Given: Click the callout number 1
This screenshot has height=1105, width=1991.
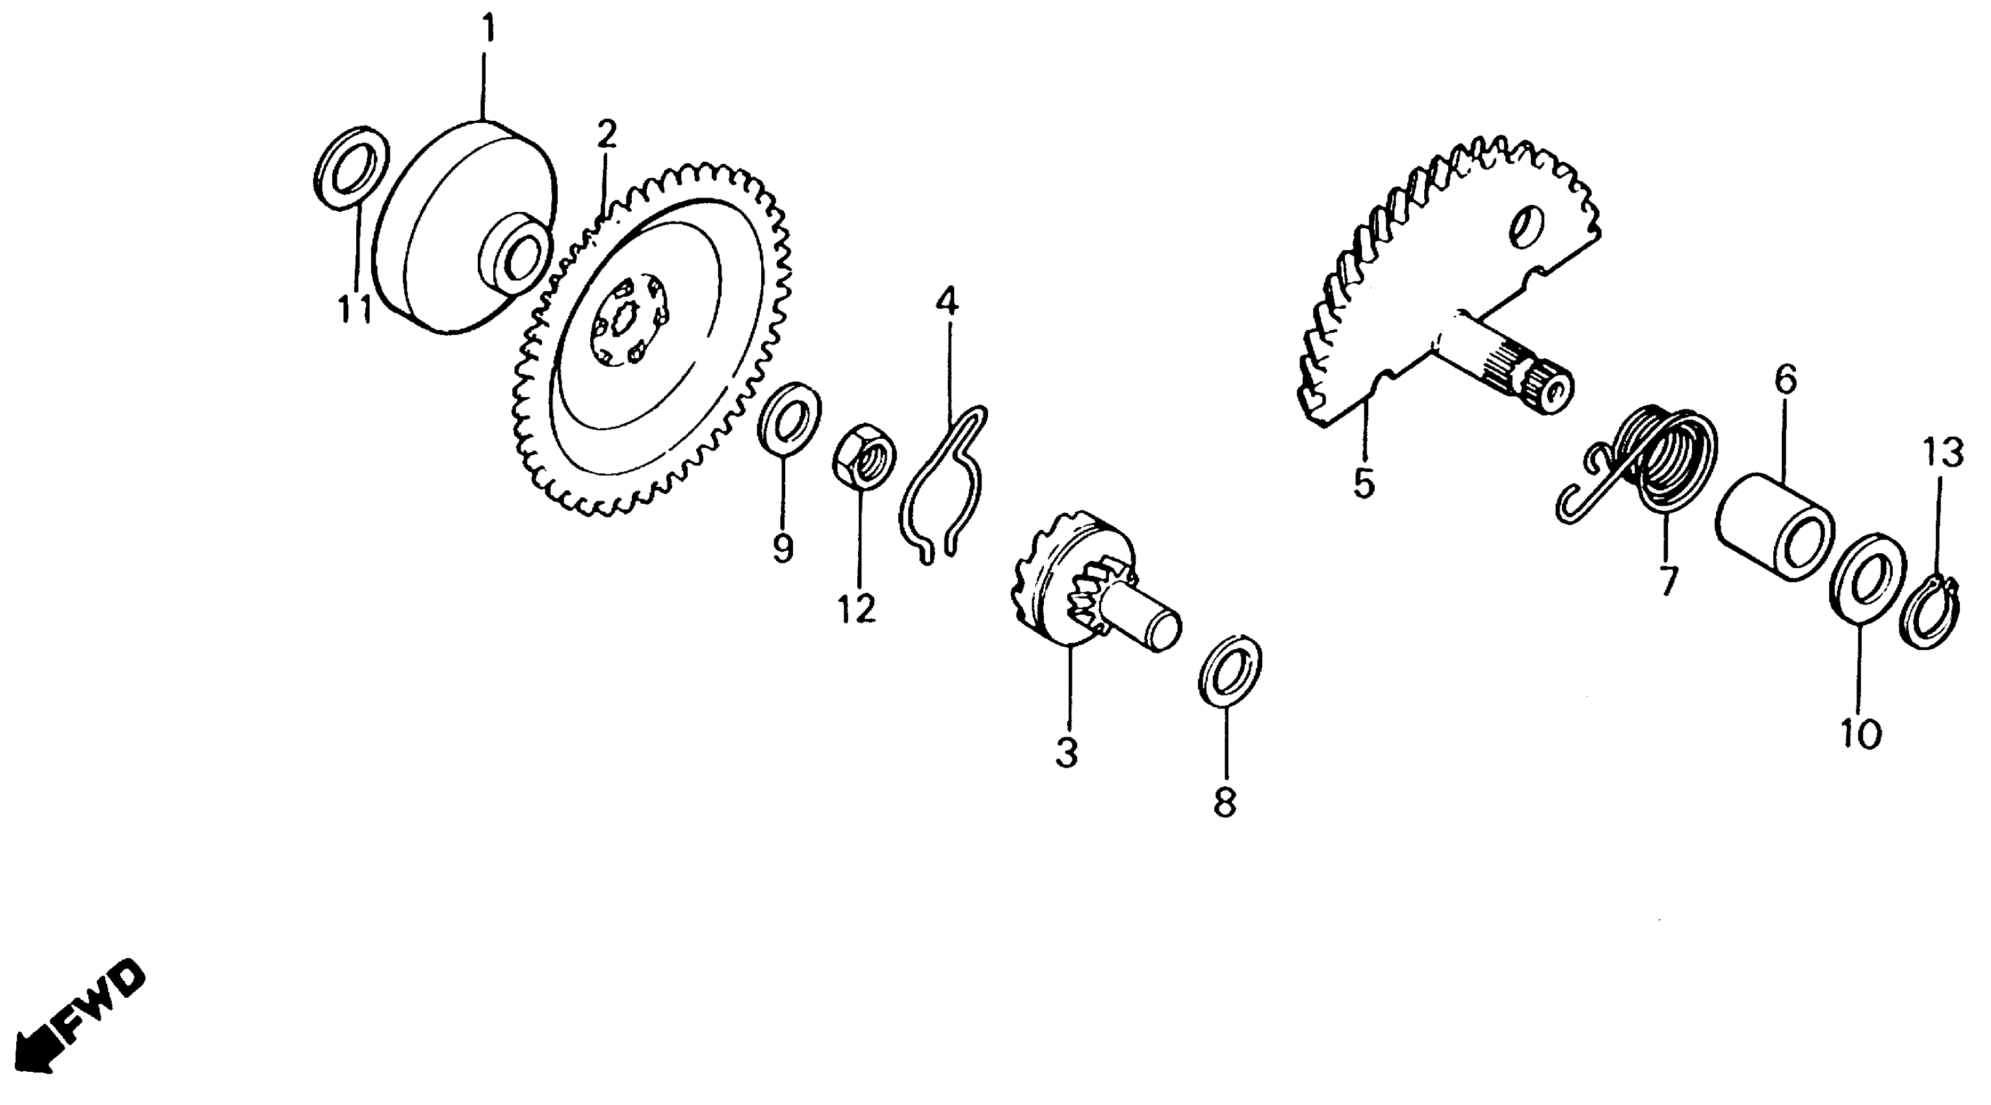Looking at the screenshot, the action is [487, 29].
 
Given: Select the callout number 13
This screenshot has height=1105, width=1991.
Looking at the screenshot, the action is [1943, 454].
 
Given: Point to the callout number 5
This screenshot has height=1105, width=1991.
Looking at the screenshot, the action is [1364, 483].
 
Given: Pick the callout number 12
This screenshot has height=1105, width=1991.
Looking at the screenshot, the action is [856, 609].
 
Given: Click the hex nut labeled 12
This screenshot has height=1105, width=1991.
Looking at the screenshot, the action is [864, 455].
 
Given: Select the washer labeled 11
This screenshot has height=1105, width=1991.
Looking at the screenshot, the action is [352, 167].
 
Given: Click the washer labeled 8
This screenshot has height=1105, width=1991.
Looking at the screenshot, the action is [1230, 670].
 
